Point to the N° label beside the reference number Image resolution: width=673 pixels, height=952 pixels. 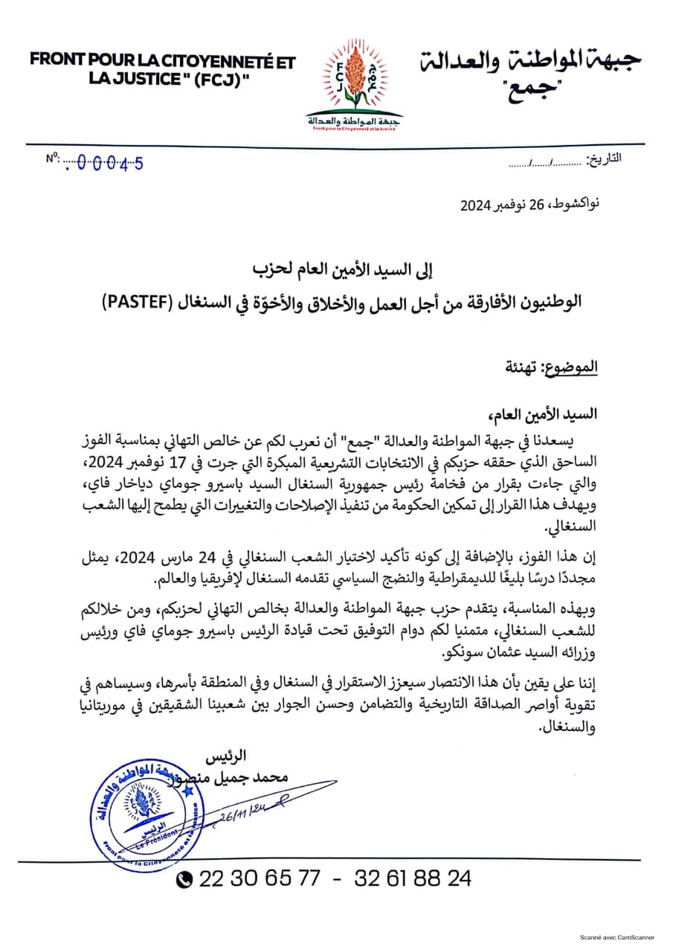tap(52, 158)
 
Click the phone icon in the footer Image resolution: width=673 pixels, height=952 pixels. tap(184, 879)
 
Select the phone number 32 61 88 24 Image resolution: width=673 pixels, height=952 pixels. tap(412, 878)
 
